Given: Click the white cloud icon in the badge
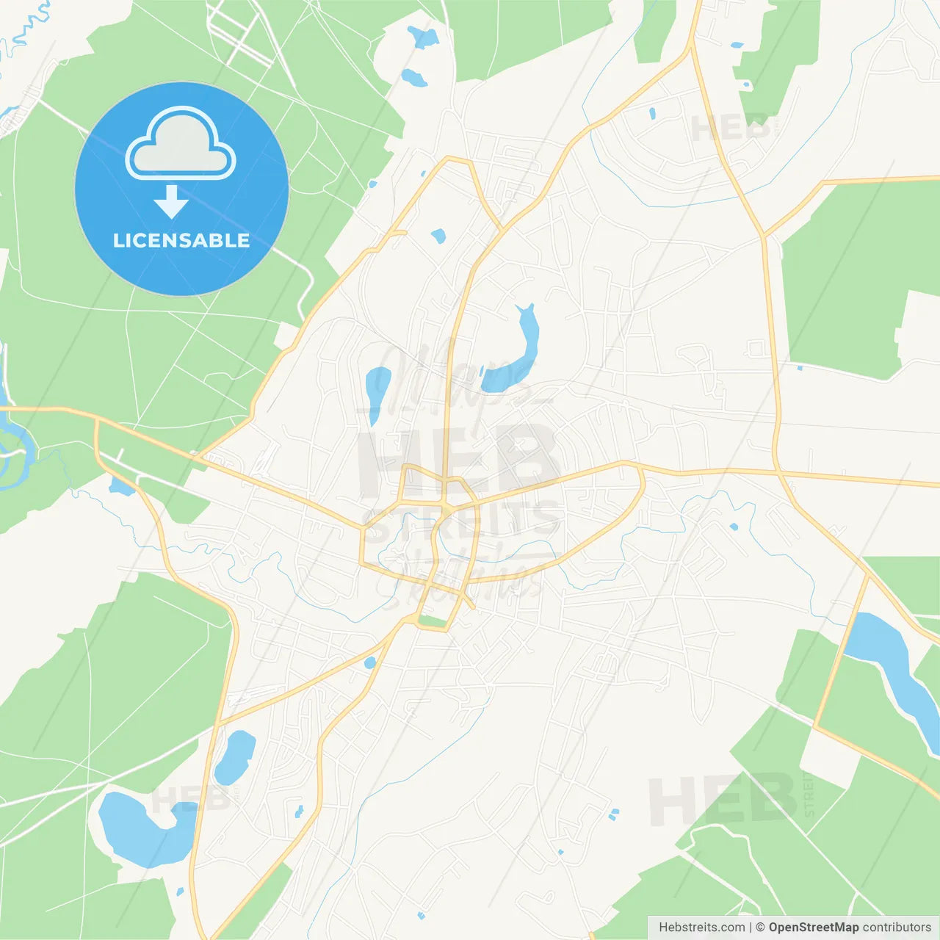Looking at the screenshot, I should pos(181,144).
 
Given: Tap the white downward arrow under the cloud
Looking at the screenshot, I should pos(171,202).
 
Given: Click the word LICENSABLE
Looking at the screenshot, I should pos(181,240).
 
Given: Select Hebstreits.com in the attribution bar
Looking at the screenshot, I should pos(701,928).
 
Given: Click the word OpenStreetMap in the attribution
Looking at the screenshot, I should pos(813,928).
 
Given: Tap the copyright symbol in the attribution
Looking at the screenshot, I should pos(760,928).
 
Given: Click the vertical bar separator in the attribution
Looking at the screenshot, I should pos(751,928).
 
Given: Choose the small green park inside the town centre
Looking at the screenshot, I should pos(432,622).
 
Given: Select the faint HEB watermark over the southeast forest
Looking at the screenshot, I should pos(723,799).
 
